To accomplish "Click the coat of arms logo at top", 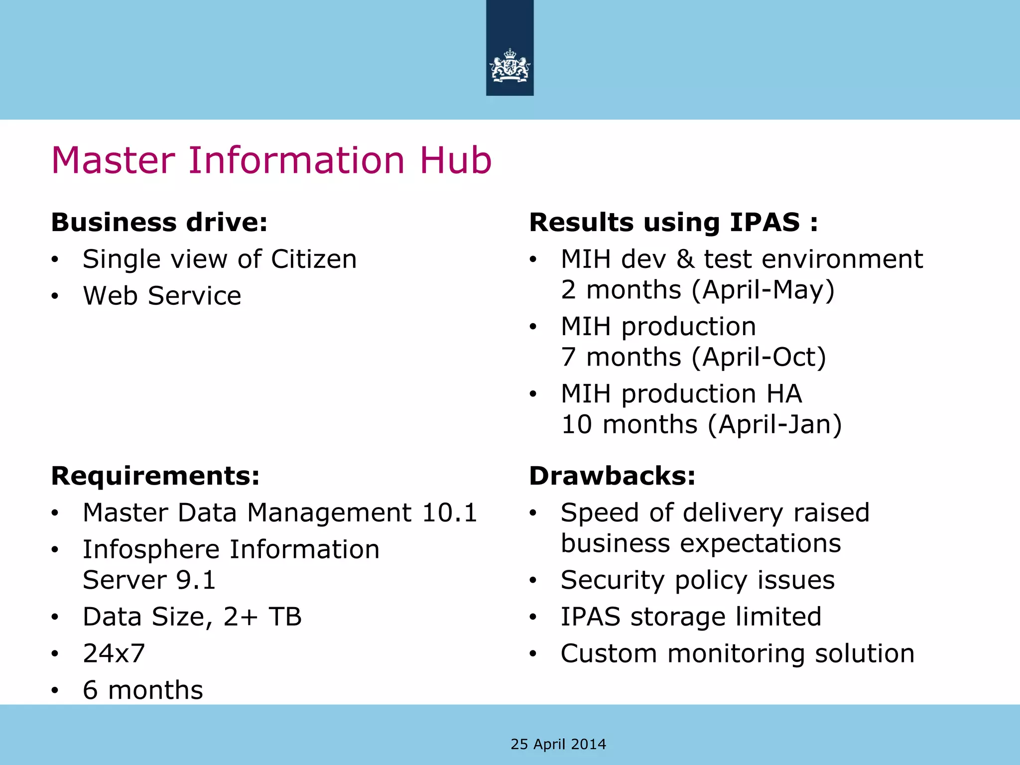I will click(x=510, y=66).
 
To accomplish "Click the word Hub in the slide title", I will click(x=455, y=160).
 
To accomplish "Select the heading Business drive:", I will click(x=159, y=222).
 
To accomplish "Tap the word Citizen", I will click(x=314, y=259).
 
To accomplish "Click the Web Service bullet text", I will click(x=162, y=296).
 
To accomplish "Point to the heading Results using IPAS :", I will click(x=673, y=222).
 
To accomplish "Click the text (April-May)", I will click(x=763, y=290).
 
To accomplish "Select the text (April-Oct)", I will click(x=759, y=357).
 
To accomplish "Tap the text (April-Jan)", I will click(x=774, y=424).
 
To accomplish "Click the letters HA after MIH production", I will click(x=784, y=394).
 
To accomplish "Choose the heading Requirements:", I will click(x=155, y=476).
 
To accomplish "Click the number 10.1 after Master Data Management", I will click(x=449, y=513).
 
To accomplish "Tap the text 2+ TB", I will click(x=262, y=617).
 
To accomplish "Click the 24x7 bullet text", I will click(x=114, y=653).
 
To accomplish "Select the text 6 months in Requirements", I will click(x=143, y=690).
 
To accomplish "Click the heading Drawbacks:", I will click(x=612, y=476).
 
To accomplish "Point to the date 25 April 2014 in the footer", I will click(x=558, y=744).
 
